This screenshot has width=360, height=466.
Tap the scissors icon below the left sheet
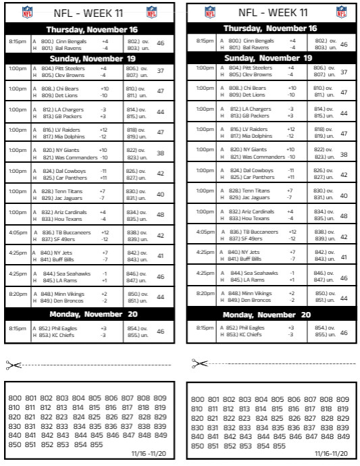(14, 365)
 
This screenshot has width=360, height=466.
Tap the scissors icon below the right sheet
(199, 363)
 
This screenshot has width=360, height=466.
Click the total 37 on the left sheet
(160, 71)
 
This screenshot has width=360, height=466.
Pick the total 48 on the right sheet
(344, 215)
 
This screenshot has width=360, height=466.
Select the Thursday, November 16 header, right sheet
(269, 28)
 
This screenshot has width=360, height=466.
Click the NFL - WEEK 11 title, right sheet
(272, 12)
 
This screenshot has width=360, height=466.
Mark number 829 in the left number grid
(159, 417)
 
